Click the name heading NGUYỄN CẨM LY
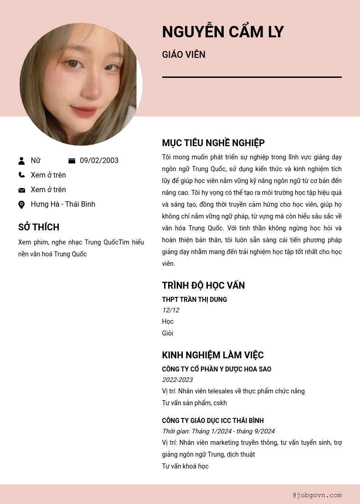pyautogui.click(x=223, y=32)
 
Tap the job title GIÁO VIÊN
pyautogui.click(x=184, y=55)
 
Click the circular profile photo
pyautogui.click(x=81, y=84)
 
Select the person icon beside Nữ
pyautogui.click(x=21, y=161)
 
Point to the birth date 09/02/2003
pyautogui.click(x=99, y=161)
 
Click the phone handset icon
pyautogui.click(x=21, y=175)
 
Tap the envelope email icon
pyautogui.click(x=21, y=190)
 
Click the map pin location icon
pyautogui.click(x=21, y=205)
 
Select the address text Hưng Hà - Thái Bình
pyautogui.click(x=63, y=204)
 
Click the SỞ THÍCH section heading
pyautogui.click(x=39, y=227)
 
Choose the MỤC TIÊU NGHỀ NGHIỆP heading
pyautogui.click(x=213, y=143)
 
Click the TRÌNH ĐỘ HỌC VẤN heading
pyautogui.click(x=203, y=285)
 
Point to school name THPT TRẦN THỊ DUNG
pyautogui.click(x=194, y=300)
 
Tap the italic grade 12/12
pyautogui.click(x=170, y=310)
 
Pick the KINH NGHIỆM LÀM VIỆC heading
pyautogui.click(x=213, y=355)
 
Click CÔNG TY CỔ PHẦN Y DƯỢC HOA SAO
pyautogui.click(x=216, y=369)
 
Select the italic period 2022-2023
pyautogui.click(x=177, y=380)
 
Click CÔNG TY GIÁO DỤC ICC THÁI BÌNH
pyautogui.click(x=213, y=421)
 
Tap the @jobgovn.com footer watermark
pyautogui.click(x=317, y=495)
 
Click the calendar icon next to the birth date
pyautogui.click(x=72, y=161)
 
